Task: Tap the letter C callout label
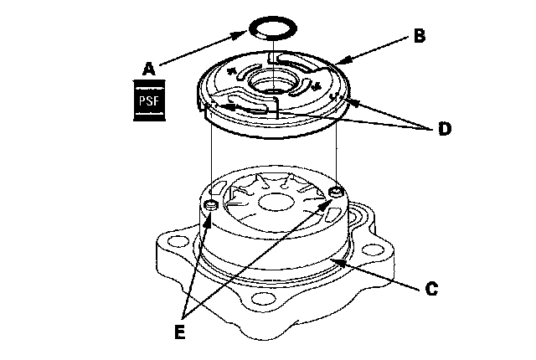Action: pos(430,290)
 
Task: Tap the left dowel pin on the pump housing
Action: pos(210,205)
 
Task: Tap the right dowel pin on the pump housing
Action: pos(336,194)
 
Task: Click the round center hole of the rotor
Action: pos(273,201)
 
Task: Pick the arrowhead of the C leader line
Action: pos(334,261)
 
